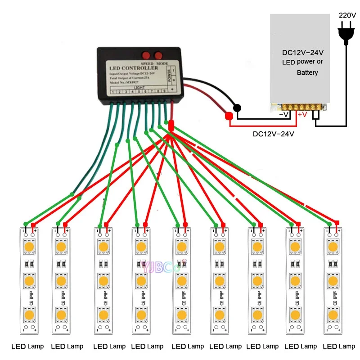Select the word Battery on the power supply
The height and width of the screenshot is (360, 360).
click(307, 72)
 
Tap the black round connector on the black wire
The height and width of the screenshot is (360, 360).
click(236, 108)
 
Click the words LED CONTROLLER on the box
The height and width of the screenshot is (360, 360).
click(134, 68)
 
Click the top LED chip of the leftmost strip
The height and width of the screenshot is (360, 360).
click(30, 247)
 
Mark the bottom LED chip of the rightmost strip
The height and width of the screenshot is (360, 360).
click(333, 313)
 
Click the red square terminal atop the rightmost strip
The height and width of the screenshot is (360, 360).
click(337, 222)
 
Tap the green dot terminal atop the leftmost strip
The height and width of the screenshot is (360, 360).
click(25, 224)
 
